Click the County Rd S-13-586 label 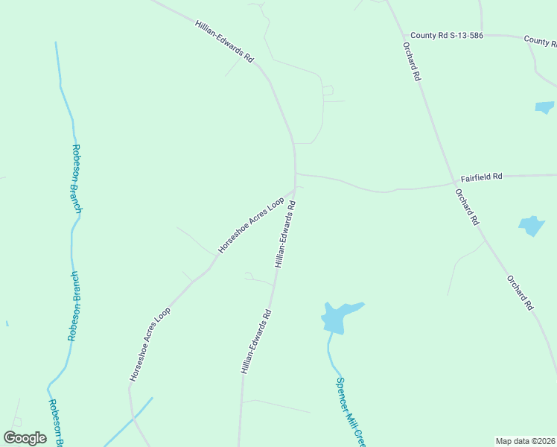click(x=447, y=35)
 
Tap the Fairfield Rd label click(x=481, y=177)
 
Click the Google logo click(x=25, y=437)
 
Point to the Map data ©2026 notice click(x=525, y=441)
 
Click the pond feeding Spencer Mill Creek click(x=335, y=317)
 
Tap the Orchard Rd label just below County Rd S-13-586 click(x=412, y=61)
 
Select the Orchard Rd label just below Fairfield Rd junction click(x=467, y=206)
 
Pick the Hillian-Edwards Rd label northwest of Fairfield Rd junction click(x=224, y=41)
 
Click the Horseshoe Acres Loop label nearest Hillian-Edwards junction click(x=251, y=226)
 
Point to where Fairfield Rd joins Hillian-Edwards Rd click(x=296, y=174)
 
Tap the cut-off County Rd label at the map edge click(x=540, y=40)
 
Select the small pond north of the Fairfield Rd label click(x=544, y=107)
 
